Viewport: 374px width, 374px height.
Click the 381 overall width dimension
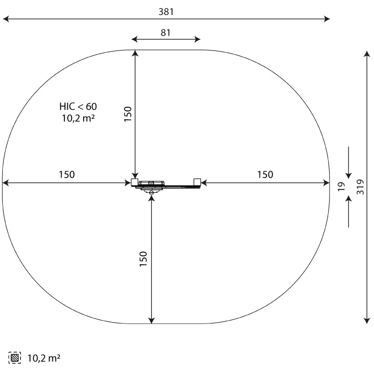166,12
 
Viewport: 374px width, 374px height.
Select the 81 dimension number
165,33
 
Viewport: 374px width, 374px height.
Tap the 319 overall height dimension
360,187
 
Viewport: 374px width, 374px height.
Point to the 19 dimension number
341,187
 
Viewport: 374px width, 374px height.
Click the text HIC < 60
78,107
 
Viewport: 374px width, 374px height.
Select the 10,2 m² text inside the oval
78,118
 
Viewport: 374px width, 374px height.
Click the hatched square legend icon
14,358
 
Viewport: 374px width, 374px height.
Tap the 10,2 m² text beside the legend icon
43,358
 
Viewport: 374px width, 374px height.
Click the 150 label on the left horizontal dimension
67,174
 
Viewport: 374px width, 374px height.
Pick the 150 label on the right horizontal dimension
265,174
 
